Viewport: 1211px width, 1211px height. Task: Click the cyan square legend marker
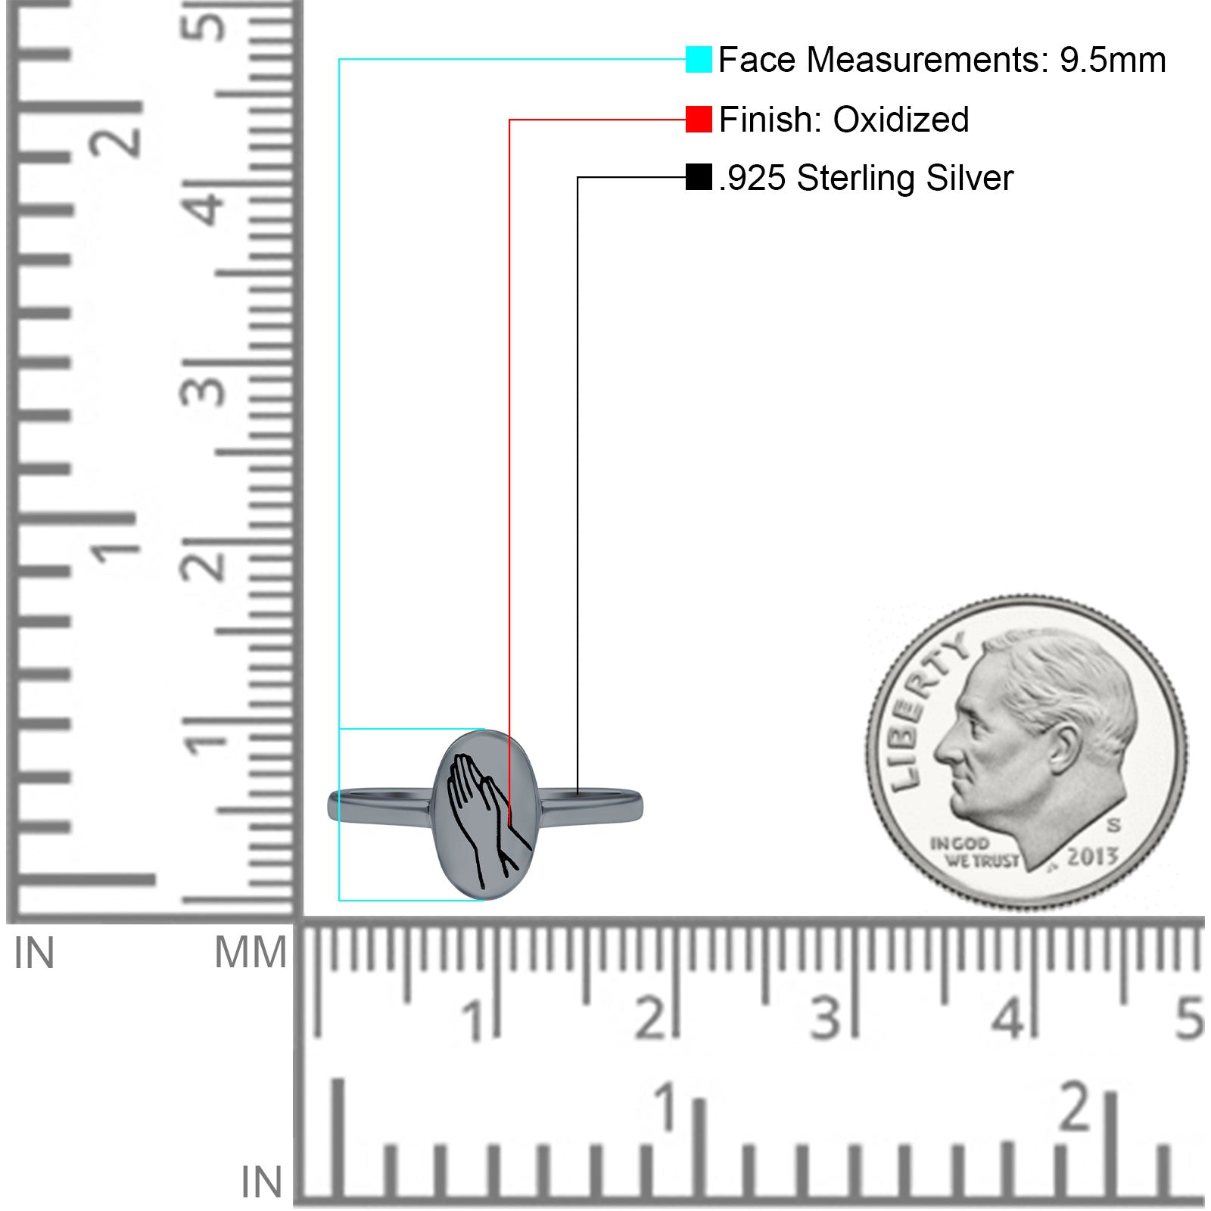[x=699, y=59]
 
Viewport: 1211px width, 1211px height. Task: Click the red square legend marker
[x=699, y=119]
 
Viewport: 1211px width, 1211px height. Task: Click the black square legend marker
[x=699, y=177]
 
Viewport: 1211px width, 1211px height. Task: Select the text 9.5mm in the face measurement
[x=1112, y=60]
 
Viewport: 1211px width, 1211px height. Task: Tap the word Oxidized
[x=901, y=120]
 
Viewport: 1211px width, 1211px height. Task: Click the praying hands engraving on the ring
[x=485, y=819]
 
